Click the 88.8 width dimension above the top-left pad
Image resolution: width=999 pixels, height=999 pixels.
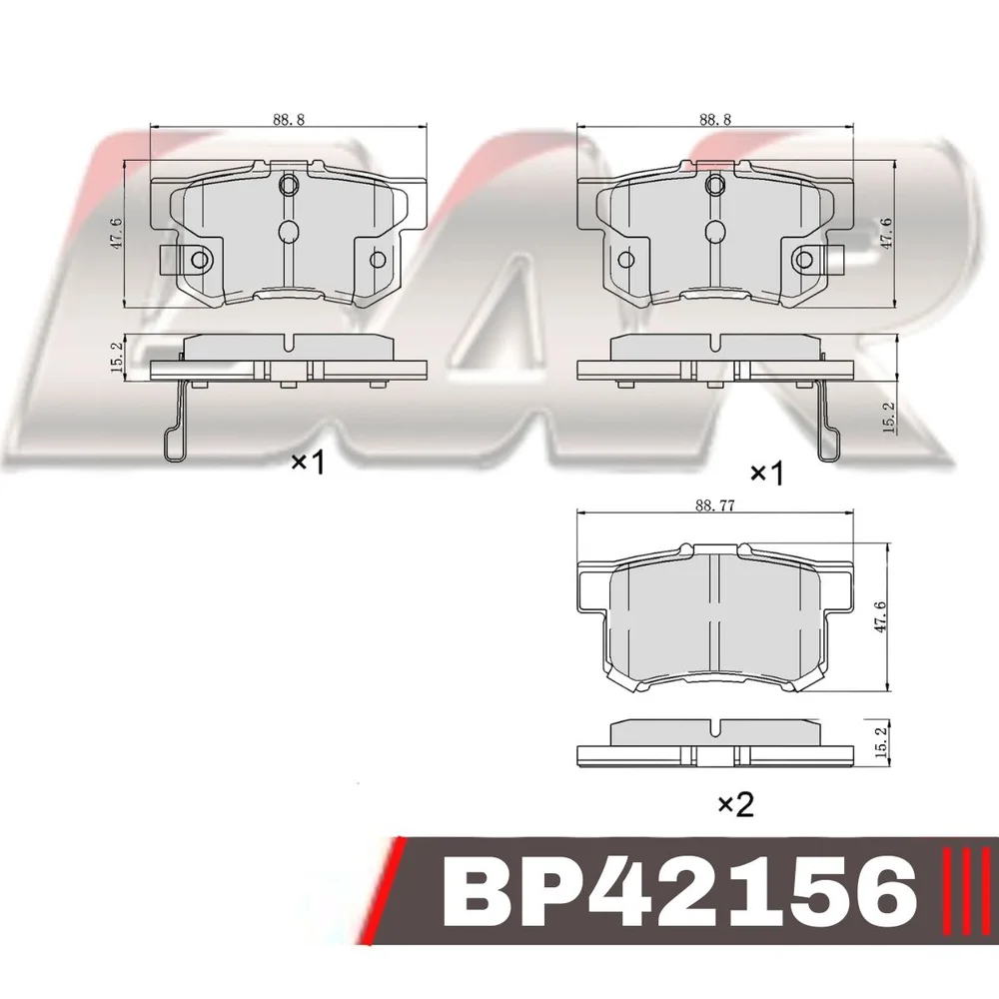289,119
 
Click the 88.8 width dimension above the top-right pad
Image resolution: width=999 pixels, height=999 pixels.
715,119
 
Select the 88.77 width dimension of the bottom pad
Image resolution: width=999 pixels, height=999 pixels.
715,505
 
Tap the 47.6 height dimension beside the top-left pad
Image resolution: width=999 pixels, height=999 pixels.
118,234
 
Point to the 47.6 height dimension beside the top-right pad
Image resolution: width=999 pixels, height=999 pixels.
886,233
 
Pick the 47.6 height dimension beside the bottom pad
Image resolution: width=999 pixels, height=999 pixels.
881,616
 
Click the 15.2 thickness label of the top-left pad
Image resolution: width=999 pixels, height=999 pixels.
117,357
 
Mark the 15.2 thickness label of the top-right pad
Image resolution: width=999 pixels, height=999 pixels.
889,418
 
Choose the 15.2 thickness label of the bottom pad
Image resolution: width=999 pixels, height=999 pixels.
882,742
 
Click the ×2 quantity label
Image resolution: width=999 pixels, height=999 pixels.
736,804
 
